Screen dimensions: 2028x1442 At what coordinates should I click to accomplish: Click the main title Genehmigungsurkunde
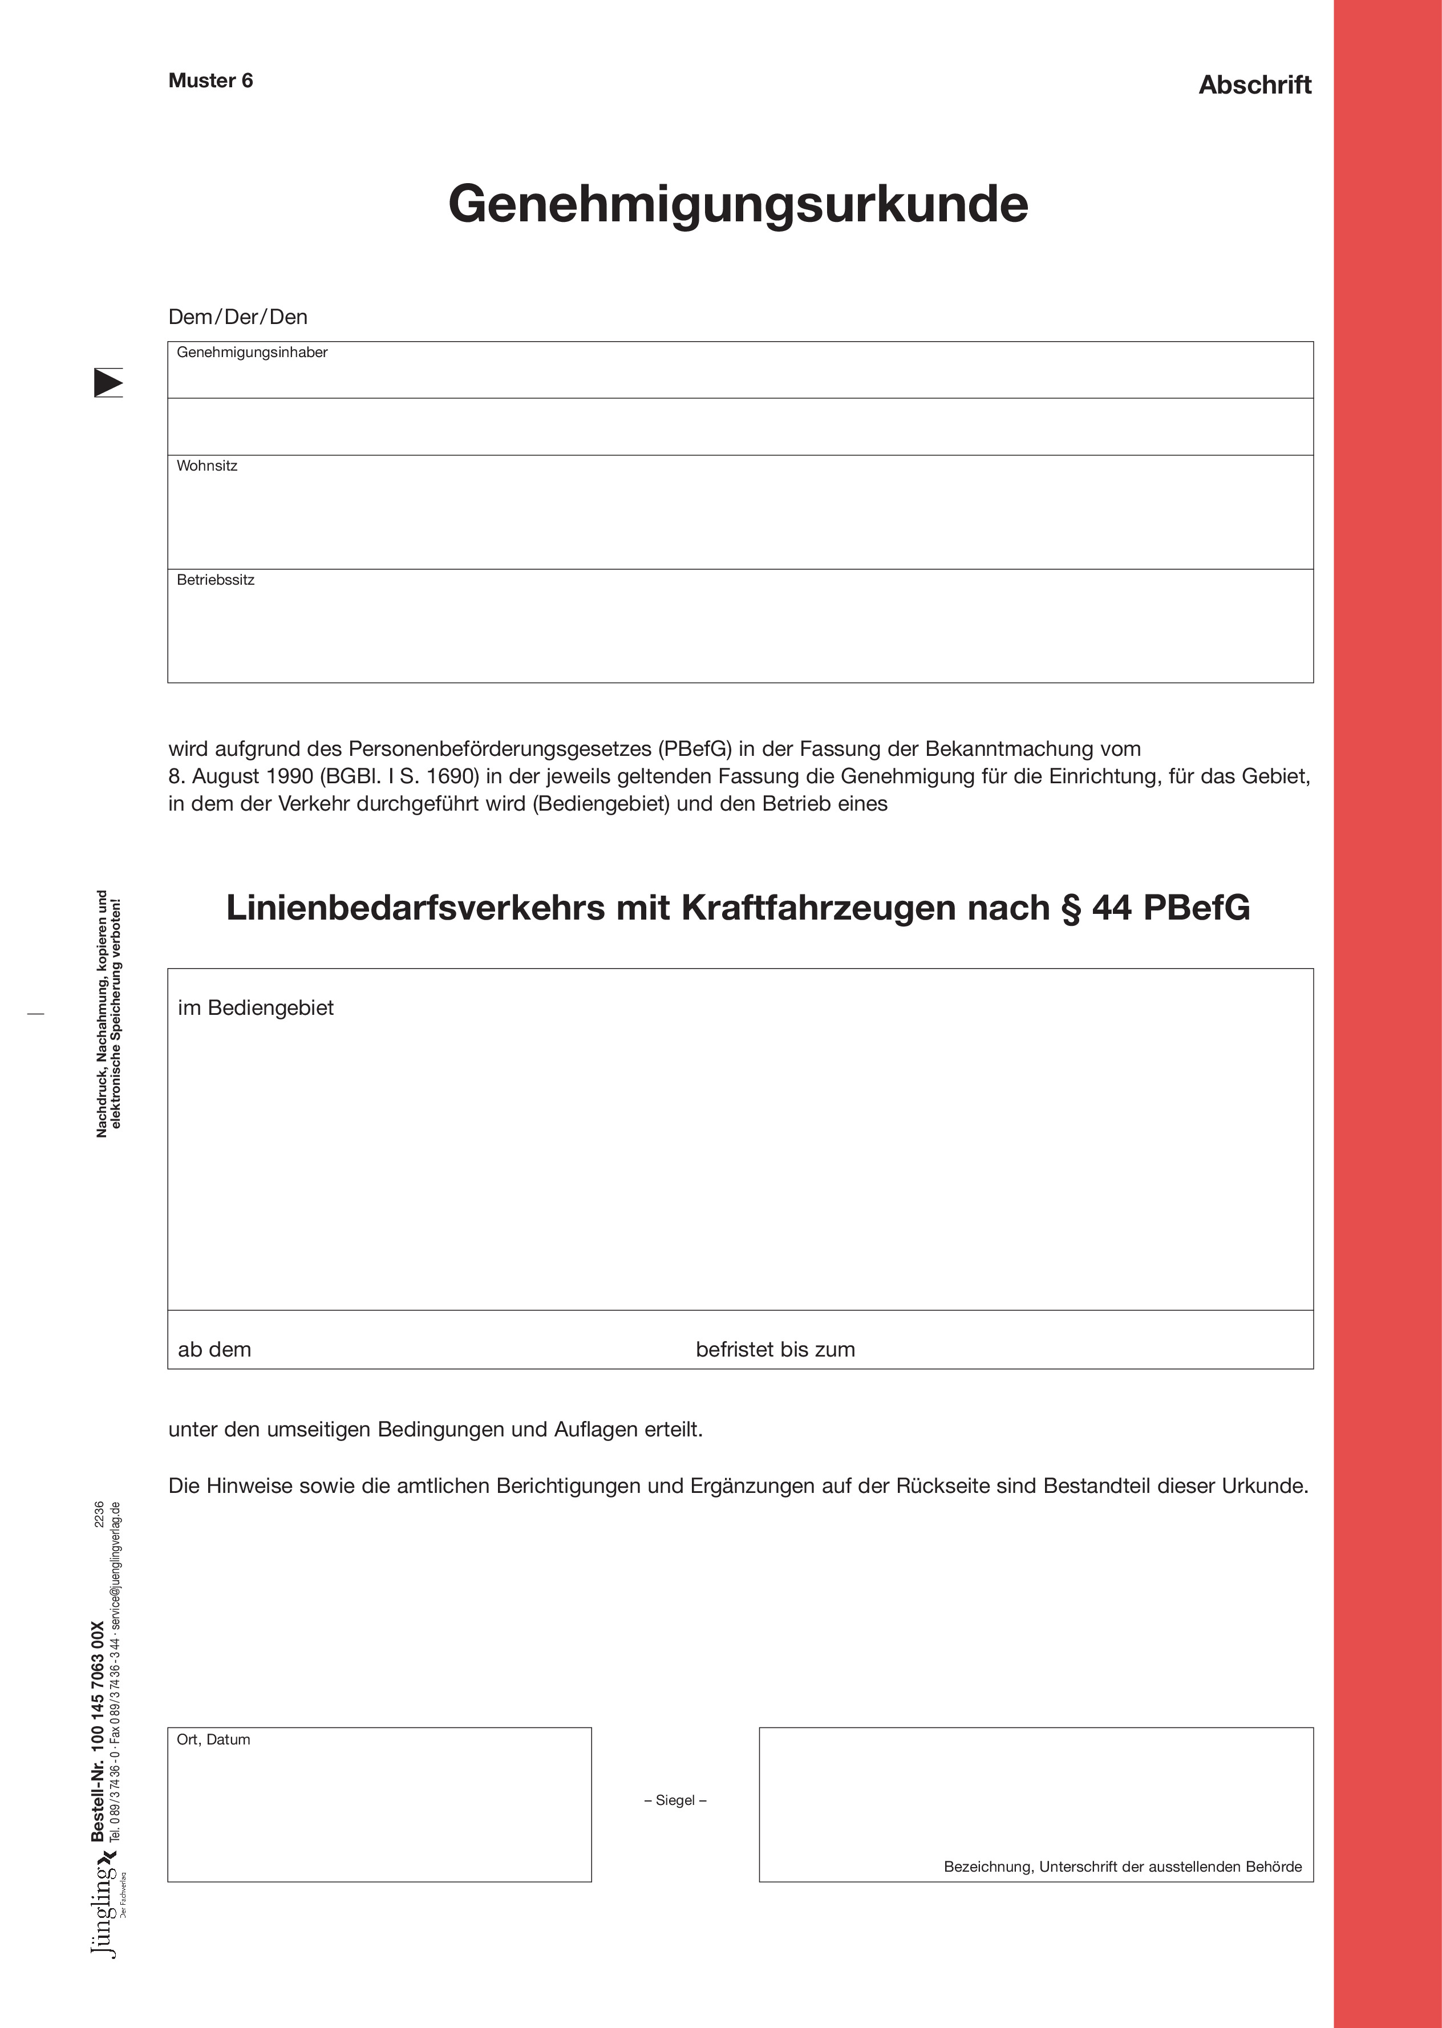(x=738, y=204)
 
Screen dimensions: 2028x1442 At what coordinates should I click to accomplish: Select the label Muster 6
(x=210, y=81)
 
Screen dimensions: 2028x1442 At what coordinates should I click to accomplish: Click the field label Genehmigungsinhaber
(x=252, y=353)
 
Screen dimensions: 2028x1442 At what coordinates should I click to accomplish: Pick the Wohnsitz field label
(x=207, y=466)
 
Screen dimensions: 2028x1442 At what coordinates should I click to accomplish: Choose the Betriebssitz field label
(x=216, y=580)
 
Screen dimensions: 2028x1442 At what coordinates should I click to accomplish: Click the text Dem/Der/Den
(x=238, y=317)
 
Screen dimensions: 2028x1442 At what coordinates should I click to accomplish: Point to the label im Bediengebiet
(x=256, y=1008)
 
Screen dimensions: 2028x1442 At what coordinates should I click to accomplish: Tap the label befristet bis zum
(x=775, y=1350)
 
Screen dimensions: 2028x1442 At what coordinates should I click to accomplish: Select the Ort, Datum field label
(x=213, y=1739)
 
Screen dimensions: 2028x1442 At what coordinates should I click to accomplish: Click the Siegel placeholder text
(x=675, y=1800)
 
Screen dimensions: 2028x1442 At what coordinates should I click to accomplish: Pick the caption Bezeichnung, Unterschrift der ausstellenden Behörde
(x=1123, y=1867)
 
